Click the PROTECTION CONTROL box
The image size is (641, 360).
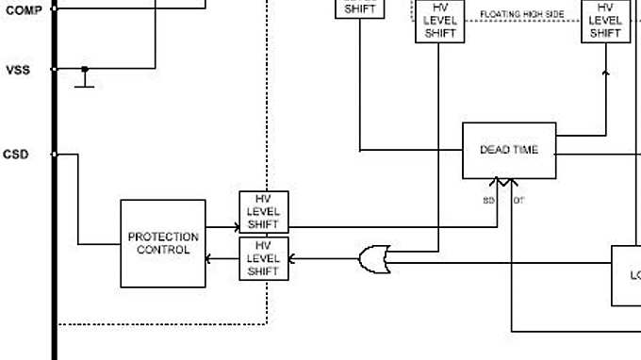point(163,243)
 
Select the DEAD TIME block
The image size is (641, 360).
point(509,150)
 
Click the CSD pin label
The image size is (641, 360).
point(16,154)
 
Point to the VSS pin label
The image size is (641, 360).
point(17,70)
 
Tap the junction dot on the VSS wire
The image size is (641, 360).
point(85,69)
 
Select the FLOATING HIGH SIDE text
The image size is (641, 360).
point(522,14)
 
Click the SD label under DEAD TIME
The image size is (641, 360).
point(488,201)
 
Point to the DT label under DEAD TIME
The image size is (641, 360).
point(518,201)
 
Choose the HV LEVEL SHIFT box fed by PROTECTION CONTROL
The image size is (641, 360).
point(264,212)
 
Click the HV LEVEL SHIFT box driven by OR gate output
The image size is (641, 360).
point(264,258)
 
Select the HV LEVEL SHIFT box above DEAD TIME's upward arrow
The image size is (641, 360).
point(605,20)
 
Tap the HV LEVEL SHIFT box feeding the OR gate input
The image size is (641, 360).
point(439,20)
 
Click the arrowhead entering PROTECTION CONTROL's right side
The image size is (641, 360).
point(210,258)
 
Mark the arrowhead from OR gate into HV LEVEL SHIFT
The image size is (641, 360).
point(292,258)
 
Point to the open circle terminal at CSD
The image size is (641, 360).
point(55,155)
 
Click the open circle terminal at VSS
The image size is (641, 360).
point(55,69)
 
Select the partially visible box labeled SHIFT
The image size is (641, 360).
point(360,8)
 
